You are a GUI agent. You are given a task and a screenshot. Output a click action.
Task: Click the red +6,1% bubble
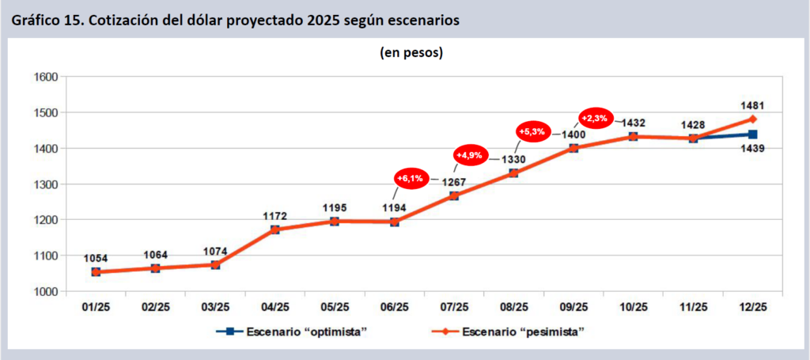pos(411,179)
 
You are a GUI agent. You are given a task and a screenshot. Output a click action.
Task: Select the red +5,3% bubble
pos(532,131)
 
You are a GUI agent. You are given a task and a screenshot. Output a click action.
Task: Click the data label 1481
pos(751,104)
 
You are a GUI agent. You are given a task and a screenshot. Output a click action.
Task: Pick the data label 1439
pos(751,148)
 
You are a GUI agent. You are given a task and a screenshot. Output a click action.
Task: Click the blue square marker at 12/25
pos(752,135)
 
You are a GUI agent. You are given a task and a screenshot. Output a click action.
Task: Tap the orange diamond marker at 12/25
pos(752,119)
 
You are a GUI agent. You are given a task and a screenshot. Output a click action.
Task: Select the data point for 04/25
pos(274,229)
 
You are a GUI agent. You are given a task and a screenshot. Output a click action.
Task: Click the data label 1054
pos(96,258)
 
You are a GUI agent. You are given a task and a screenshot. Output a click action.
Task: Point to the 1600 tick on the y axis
pos(47,77)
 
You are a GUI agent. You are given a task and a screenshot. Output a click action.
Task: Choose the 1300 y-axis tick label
pos(47,184)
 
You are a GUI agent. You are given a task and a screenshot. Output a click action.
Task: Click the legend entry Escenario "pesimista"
pos(523,332)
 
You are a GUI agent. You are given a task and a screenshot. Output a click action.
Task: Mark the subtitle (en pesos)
pos(407,54)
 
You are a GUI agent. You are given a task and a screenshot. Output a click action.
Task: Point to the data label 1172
pos(274,215)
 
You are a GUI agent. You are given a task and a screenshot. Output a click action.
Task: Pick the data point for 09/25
pos(573,148)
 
